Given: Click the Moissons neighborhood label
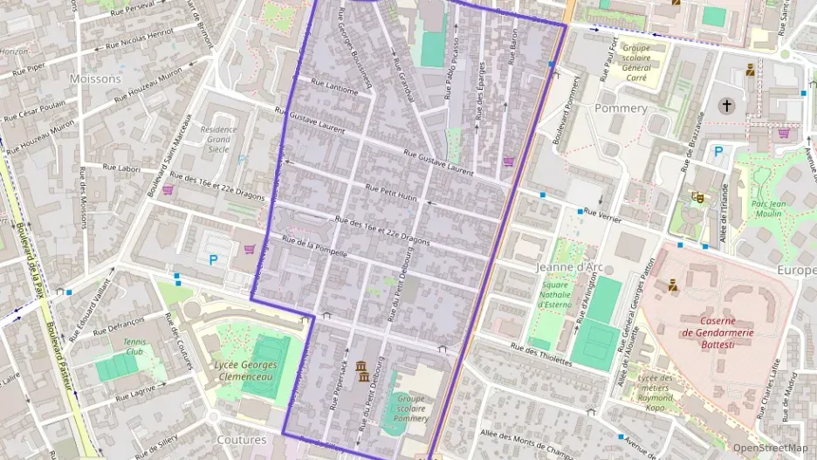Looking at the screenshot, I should (x=96, y=79).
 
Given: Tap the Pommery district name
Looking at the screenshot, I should (x=621, y=108).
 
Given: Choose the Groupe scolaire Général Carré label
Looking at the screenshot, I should (x=637, y=63).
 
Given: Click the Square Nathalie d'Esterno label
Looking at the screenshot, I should (x=553, y=294).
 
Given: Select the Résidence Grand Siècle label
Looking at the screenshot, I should (x=218, y=139).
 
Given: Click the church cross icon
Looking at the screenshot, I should (x=726, y=106).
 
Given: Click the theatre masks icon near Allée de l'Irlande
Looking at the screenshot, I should (x=697, y=197).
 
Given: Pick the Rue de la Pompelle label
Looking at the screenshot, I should (x=315, y=246).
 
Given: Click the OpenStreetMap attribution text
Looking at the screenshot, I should (x=770, y=448).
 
